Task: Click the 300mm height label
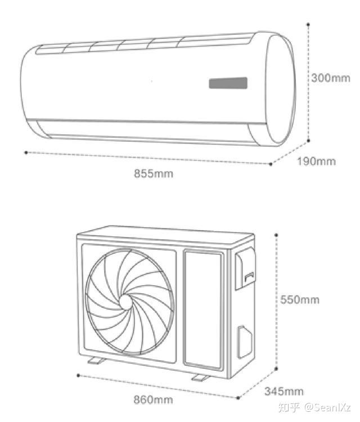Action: [x=331, y=78]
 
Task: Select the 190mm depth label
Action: [x=316, y=161]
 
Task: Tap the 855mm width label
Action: [x=154, y=173]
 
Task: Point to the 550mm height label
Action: [x=300, y=299]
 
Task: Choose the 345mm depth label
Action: [x=284, y=391]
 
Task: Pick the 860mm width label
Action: [x=153, y=400]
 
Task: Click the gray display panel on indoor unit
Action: [x=228, y=83]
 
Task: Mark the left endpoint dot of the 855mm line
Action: [x=26, y=152]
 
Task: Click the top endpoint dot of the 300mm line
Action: [x=309, y=24]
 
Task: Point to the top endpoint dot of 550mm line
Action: [x=277, y=234]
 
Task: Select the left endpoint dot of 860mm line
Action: [x=77, y=374]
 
